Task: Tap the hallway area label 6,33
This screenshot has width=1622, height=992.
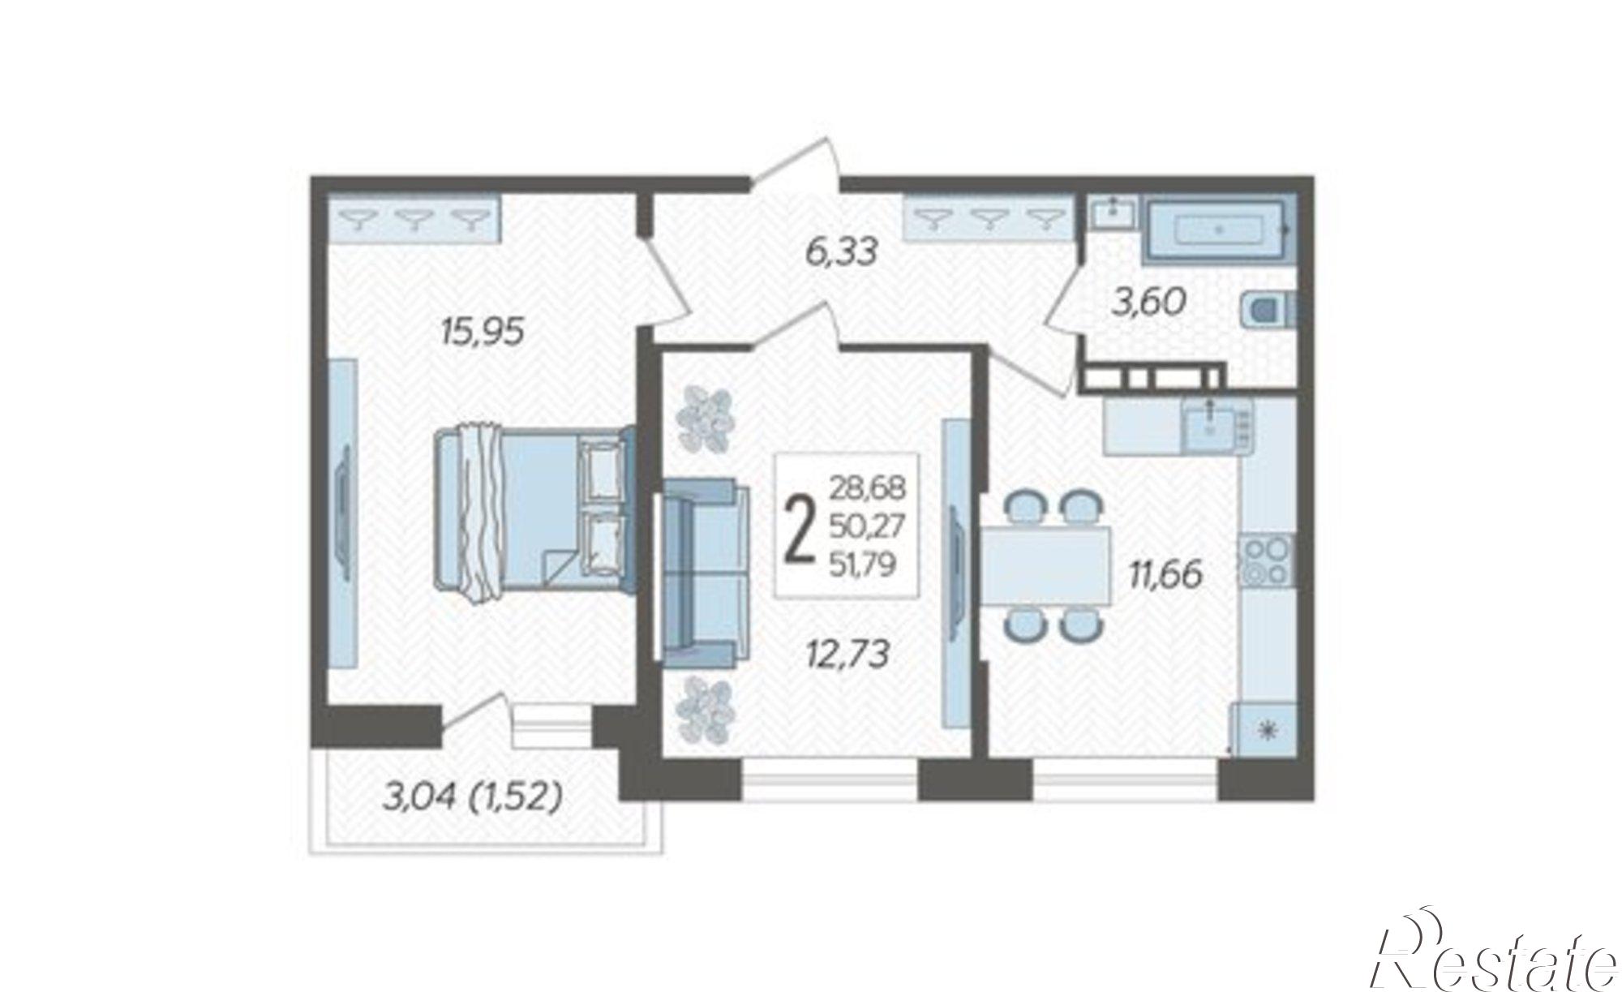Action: click(842, 252)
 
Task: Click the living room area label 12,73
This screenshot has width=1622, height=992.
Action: click(849, 654)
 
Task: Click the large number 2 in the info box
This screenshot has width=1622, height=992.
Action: click(800, 526)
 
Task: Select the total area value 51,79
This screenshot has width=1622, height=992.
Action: click(862, 563)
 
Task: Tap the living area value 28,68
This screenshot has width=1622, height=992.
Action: click(867, 489)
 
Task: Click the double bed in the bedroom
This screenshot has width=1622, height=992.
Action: click(534, 515)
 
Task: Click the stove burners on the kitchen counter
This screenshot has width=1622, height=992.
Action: click(1266, 560)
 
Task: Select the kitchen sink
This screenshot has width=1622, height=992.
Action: click(1212, 424)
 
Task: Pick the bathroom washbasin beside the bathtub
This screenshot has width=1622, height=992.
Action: click(1113, 212)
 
